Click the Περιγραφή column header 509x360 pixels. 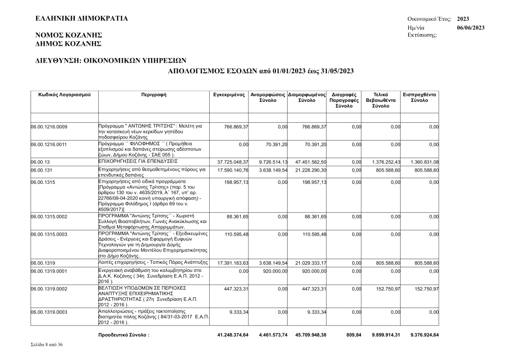click(154, 95)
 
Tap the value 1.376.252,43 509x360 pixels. click(386, 161)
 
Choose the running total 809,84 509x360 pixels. click(352, 335)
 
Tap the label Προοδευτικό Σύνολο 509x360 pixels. click(124, 335)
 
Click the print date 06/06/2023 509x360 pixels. click(471, 27)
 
